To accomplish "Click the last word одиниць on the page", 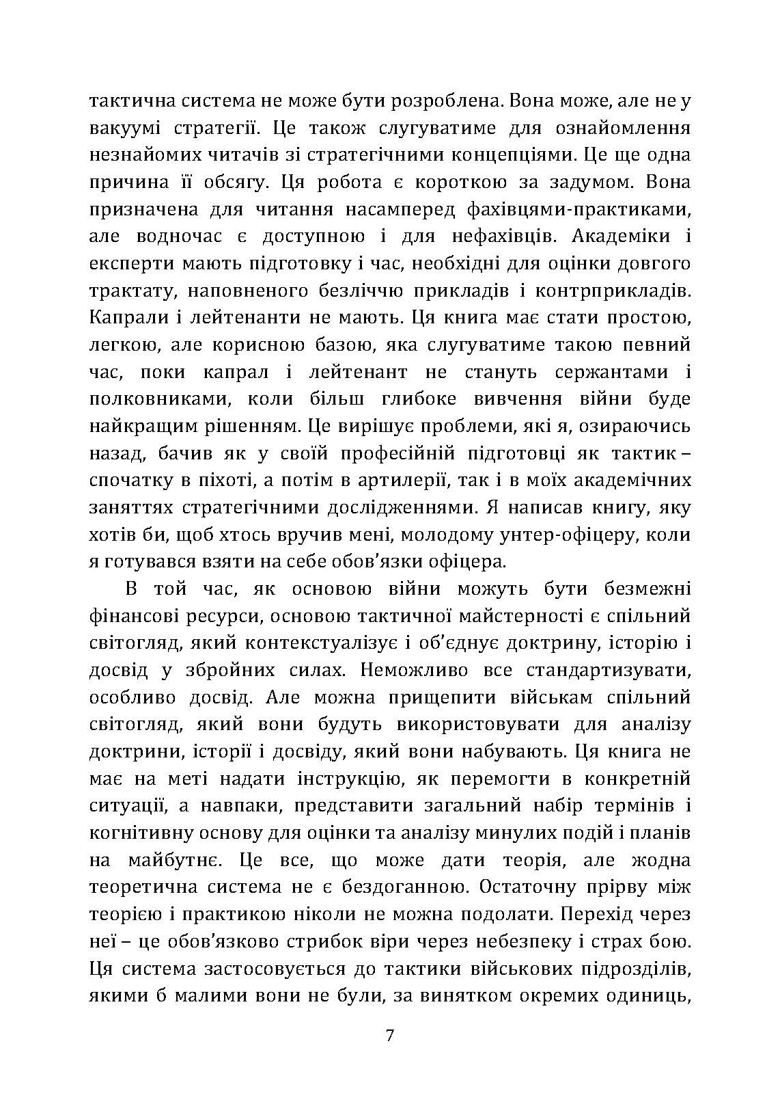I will [x=652, y=996].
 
